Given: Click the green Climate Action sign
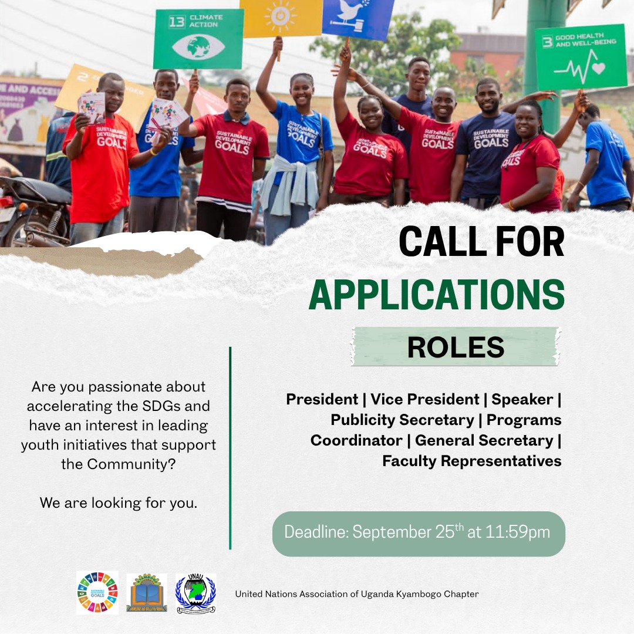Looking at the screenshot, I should (198, 39).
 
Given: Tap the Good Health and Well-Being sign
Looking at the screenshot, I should (581, 57).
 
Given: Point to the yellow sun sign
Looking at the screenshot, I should (281, 18).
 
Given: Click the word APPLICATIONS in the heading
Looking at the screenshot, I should (436, 295).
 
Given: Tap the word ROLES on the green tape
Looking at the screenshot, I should (456, 347).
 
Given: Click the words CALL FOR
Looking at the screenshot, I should (481, 241).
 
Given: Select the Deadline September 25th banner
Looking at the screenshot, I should (418, 533).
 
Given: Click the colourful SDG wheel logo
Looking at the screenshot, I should (97, 593).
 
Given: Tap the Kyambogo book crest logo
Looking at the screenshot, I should (147, 593).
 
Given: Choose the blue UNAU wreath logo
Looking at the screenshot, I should (195, 593).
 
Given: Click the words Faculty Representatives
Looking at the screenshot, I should (471, 461).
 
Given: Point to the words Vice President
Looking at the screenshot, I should (424, 400).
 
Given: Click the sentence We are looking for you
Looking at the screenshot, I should (119, 503).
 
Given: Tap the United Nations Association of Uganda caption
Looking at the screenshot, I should (356, 594).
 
